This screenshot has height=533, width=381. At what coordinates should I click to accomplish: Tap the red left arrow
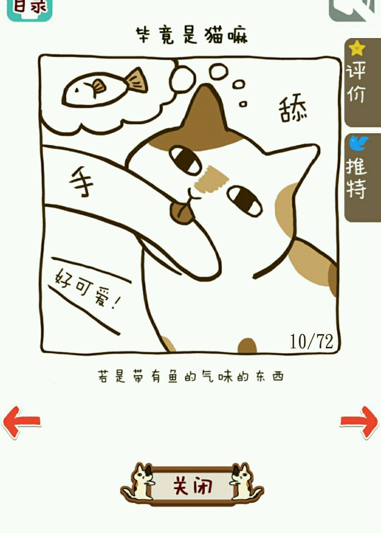(x=21, y=421)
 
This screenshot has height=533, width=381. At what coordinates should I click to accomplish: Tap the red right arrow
(x=360, y=421)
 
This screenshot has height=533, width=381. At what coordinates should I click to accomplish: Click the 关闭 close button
(x=192, y=485)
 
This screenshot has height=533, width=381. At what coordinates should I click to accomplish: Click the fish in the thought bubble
(x=105, y=87)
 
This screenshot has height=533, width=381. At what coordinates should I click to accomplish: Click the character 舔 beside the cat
(x=293, y=110)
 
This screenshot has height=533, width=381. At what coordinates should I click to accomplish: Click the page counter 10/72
(x=311, y=341)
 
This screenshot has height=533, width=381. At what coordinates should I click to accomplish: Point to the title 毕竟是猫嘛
(x=192, y=35)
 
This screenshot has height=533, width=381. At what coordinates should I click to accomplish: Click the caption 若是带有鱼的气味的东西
(x=190, y=376)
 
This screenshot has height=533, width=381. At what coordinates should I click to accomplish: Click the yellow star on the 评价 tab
(x=357, y=48)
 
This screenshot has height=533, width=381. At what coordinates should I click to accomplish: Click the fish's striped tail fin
(x=137, y=81)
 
